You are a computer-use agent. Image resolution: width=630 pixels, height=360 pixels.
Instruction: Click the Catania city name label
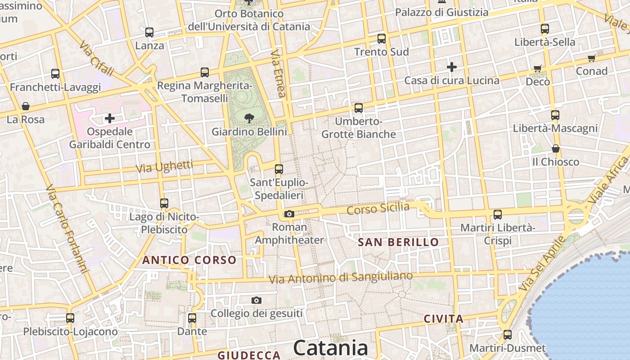click(x=331, y=348)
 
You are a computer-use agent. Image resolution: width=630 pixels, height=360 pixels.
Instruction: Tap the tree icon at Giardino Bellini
click(x=248, y=118)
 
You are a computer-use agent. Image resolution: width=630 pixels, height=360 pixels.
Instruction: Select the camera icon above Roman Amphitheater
click(x=289, y=214)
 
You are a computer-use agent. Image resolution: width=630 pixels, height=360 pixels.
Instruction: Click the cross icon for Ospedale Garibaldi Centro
click(x=109, y=118)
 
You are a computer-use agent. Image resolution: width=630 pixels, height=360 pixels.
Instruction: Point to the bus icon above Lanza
click(x=149, y=32)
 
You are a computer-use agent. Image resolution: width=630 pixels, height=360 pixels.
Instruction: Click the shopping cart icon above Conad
click(x=592, y=58)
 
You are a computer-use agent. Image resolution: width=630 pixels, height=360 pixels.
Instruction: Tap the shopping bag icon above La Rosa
click(x=26, y=106)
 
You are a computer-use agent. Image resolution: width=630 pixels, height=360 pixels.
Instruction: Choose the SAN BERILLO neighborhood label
click(x=398, y=243)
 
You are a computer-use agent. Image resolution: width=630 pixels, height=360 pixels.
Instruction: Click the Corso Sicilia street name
click(x=378, y=208)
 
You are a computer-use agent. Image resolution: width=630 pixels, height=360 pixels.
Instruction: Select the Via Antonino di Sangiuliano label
click(x=341, y=277)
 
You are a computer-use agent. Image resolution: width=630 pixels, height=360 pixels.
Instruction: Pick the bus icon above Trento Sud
click(x=382, y=39)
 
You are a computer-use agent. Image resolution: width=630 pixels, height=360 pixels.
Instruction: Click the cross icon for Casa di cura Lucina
click(x=452, y=67)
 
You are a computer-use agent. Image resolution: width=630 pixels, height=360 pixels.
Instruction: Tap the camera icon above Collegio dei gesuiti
click(x=256, y=300)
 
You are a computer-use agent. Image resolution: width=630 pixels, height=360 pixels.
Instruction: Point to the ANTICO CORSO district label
click(x=189, y=260)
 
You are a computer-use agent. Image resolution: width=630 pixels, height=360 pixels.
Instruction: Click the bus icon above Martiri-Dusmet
click(x=508, y=335)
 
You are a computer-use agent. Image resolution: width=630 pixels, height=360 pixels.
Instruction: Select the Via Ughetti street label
click(x=164, y=166)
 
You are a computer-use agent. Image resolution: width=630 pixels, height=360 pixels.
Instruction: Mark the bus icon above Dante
click(x=192, y=318)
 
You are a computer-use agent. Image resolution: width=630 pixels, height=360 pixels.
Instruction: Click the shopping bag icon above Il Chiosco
click(x=556, y=148)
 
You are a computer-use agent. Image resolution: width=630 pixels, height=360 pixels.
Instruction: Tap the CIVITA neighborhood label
click(x=443, y=319)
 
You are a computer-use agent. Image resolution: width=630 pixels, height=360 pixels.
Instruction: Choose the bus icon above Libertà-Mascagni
click(x=555, y=115)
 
